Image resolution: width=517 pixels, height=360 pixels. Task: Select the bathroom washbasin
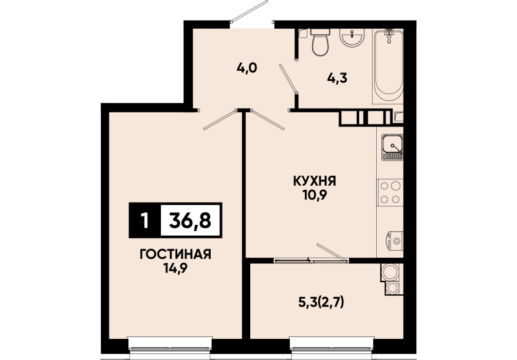pyautogui.click(x=352, y=37)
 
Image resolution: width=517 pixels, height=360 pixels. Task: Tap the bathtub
pyautogui.click(x=389, y=66)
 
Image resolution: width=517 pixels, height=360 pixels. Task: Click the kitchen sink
pyautogui.click(x=392, y=147)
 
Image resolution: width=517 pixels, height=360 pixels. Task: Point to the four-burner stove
pyautogui.click(x=390, y=193)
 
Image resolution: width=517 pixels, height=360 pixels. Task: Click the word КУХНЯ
pyautogui.click(x=315, y=181)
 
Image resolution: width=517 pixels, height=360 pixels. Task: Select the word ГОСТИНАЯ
pyautogui.click(x=175, y=255)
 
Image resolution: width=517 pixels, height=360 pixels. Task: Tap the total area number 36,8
pyautogui.click(x=190, y=221)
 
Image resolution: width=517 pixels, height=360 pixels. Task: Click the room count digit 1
pyautogui.click(x=144, y=221)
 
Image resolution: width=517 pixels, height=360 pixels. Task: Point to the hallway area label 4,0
pyautogui.click(x=247, y=68)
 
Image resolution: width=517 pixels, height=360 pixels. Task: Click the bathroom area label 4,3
pyautogui.click(x=337, y=78)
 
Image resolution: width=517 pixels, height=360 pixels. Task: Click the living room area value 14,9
pyautogui.click(x=175, y=268)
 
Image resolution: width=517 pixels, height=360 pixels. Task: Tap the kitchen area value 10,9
pyautogui.click(x=315, y=195)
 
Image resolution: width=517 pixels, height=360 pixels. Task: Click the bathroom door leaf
pyautogui.click(x=288, y=78)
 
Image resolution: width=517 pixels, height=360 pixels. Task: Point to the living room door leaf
pyautogui.click(x=220, y=120)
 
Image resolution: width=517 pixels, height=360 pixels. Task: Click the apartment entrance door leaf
pyautogui.click(x=249, y=12)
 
